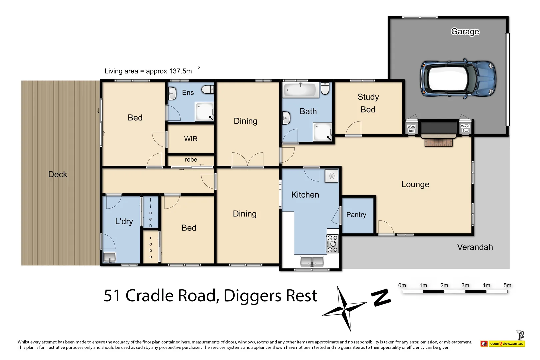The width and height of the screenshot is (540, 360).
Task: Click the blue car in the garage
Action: (458, 79)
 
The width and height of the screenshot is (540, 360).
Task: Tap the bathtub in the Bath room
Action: (300, 90)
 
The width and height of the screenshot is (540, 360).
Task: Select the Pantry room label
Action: (356, 215)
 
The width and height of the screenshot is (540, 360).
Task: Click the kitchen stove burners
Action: (332, 244)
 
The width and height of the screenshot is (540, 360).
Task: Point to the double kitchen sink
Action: (312, 261)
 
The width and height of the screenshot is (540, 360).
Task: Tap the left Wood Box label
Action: (411, 129)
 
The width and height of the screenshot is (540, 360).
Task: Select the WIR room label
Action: (191, 139)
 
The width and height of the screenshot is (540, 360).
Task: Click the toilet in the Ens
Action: (208, 89)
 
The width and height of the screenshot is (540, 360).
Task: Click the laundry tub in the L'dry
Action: (110, 257)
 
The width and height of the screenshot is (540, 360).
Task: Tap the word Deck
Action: (58, 174)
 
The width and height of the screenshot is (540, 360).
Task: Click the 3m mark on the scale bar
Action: (465, 286)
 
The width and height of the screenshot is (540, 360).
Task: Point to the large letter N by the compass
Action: (381, 298)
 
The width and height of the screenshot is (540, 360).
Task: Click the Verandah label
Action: (475, 247)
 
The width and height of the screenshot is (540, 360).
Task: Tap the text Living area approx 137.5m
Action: (148, 71)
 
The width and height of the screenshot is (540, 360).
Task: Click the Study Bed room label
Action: (368, 103)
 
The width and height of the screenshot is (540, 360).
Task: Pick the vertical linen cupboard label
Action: (151, 213)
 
